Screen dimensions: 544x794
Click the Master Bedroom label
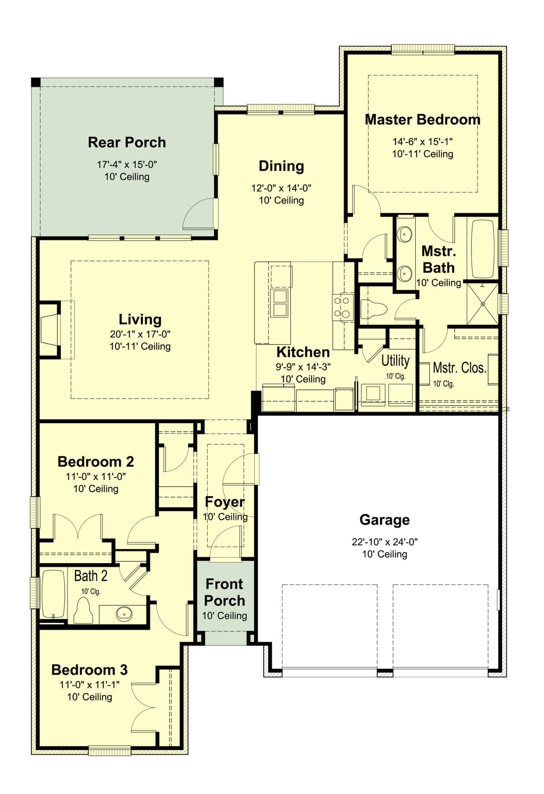pyautogui.click(x=422, y=119)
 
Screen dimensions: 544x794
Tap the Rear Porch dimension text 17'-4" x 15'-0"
pyautogui.click(x=127, y=164)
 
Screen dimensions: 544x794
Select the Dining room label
pyautogui.click(x=281, y=166)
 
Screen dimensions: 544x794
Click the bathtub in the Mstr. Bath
pyautogui.click(x=483, y=249)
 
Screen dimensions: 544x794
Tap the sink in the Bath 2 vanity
pyautogui.click(x=124, y=614)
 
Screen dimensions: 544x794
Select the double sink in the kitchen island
pyautogui.click(x=280, y=303)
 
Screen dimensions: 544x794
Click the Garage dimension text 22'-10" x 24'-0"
pyautogui.click(x=384, y=542)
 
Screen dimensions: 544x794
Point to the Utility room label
pyautogui.click(x=395, y=361)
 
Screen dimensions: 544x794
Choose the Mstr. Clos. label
pyautogui.click(x=459, y=368)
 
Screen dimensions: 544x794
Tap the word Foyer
pyautogui.click(x=225, y=502)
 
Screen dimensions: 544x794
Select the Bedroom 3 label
pyautogui.click(x=90, y=670)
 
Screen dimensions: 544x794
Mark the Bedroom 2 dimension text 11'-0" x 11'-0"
pyautogui.click(x=96, y=476)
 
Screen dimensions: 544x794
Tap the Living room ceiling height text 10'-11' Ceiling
pyautogui.click(x=140, y=347)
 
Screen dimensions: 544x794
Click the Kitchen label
pyautogui.click(x=303, y=352)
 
